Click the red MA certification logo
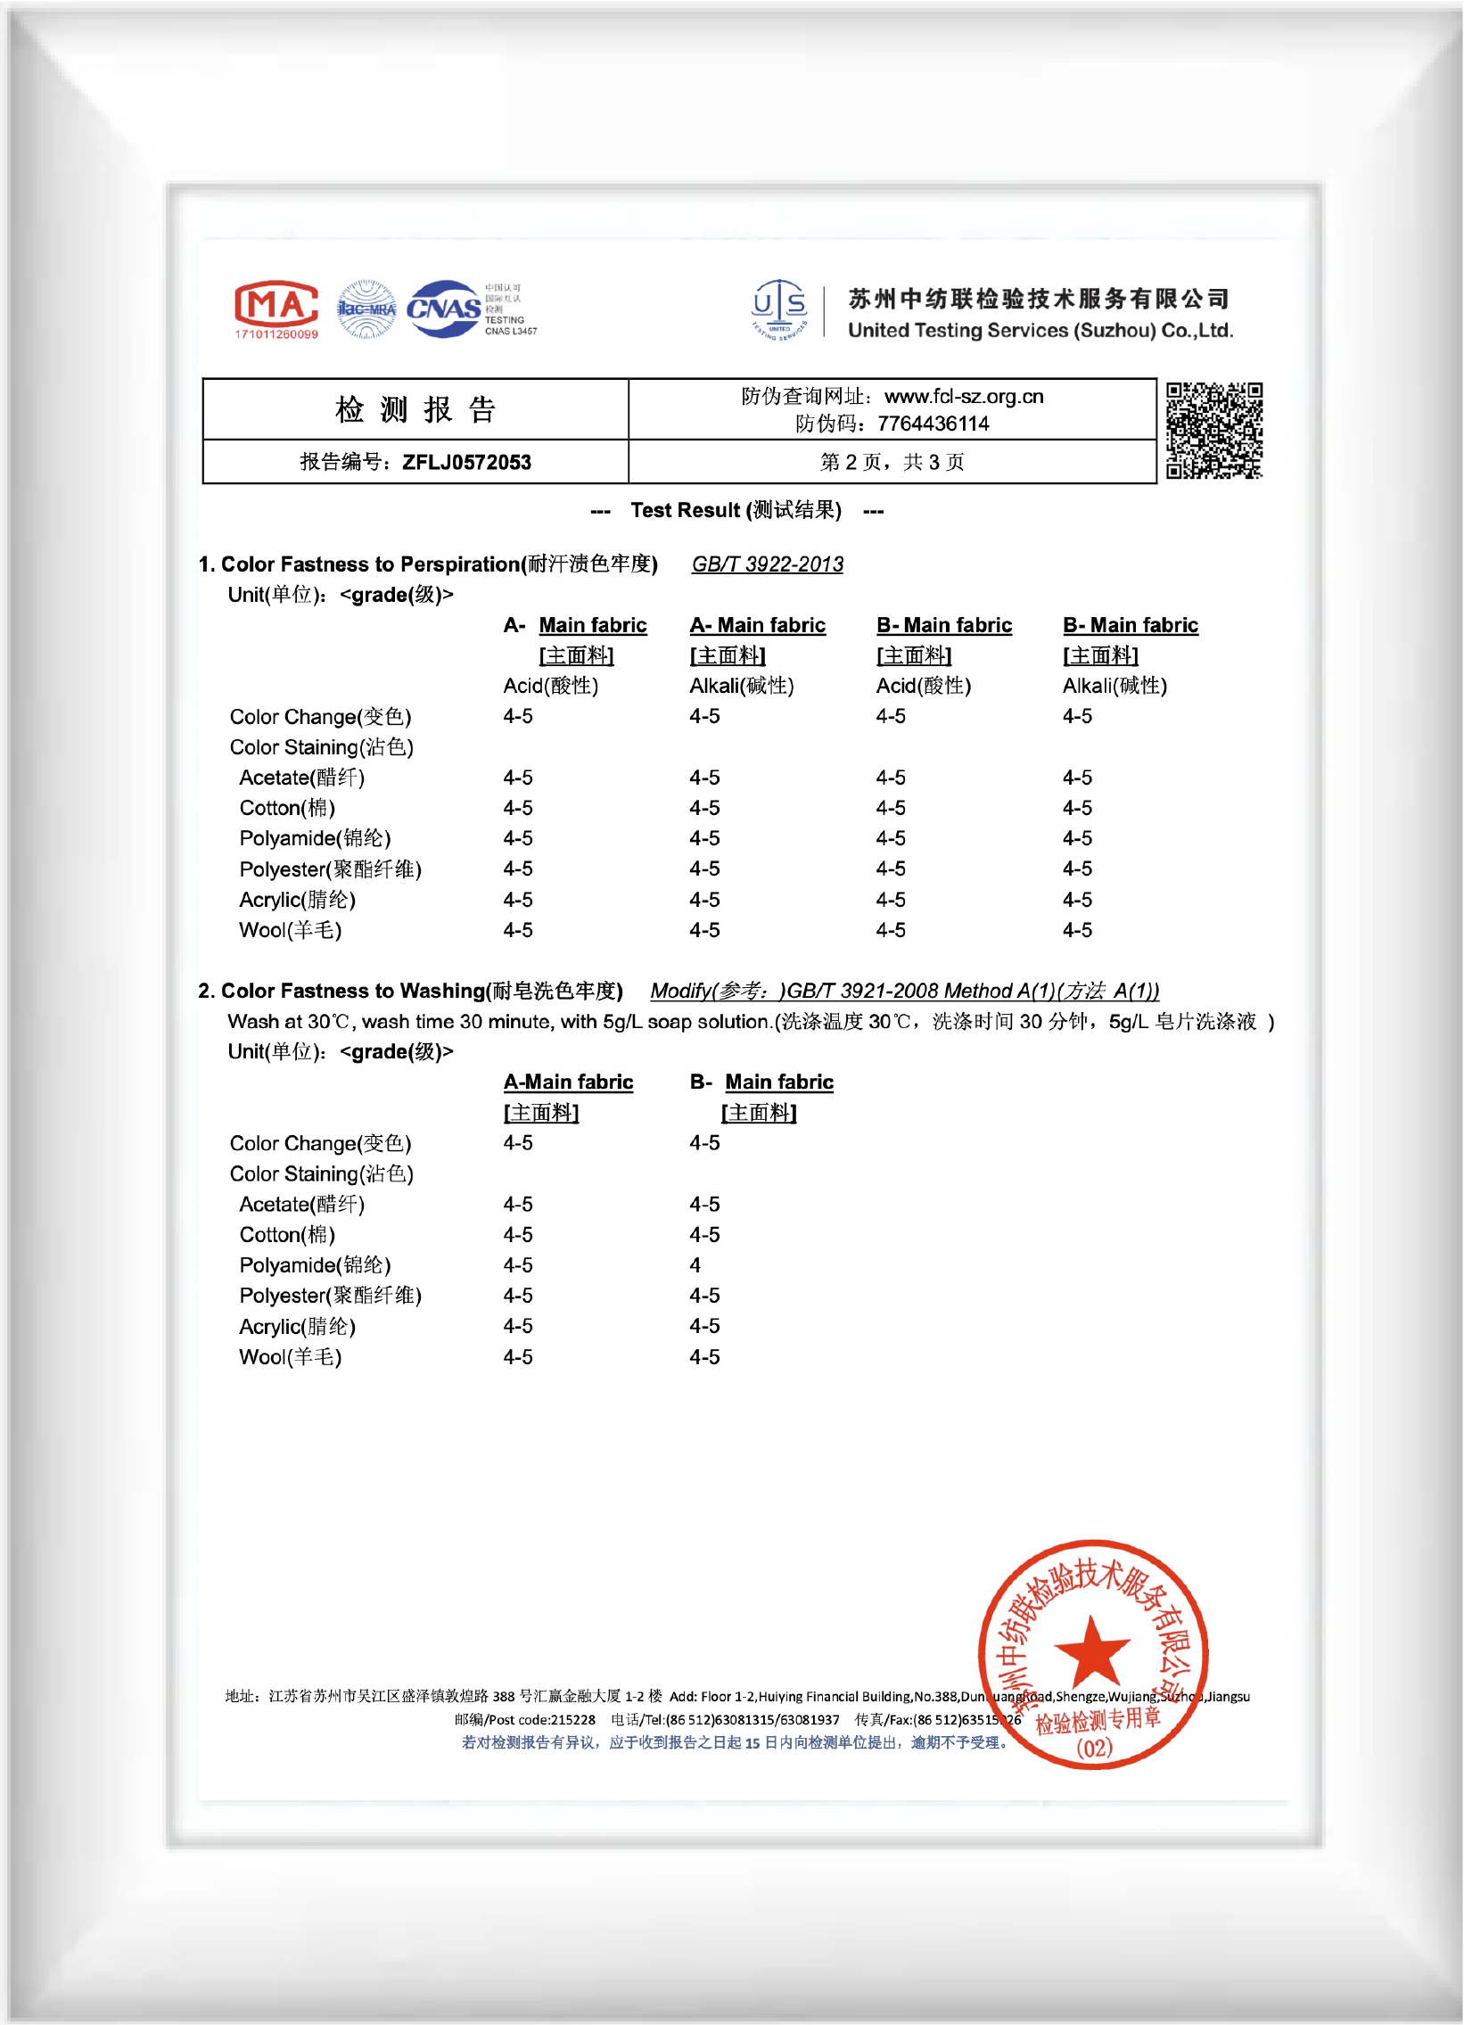[x=276, y=304]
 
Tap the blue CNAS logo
[x=444, y=309]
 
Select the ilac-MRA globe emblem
[x=366, y=309]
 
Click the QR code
[x=1214, y=431]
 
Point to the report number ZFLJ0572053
[x=466, y=463]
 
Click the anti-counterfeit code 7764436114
[x=933, y=424]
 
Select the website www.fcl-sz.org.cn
[x=963, y=397]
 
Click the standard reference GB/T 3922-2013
[x=767, y=564]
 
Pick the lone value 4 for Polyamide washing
[x=695, y=1265]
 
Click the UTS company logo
[x=779, y=309]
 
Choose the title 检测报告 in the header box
[x=415, y=410]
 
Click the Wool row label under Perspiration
[x=290, y=930]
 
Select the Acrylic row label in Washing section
[x=297, y=1327]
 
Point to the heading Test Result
[x=736, y=511]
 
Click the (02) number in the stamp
[x=1094, y=1748]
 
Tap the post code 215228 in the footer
[x=572, y=1720]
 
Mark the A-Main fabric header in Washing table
[x=568, y=1082]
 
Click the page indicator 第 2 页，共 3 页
[x=892, y=463]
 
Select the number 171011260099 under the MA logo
[x=276, y=334]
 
